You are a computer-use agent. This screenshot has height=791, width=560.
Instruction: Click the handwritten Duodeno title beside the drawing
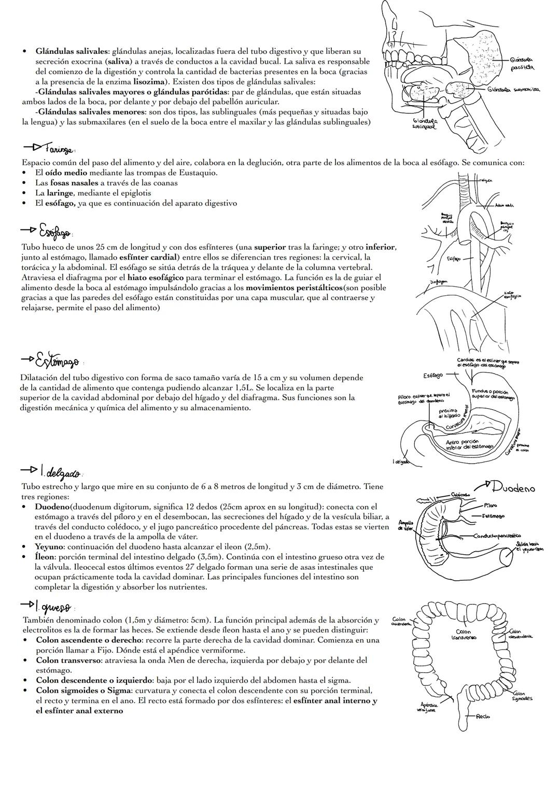[x=513, y=487]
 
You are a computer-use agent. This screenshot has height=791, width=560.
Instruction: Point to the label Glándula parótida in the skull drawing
[x=522, y=64]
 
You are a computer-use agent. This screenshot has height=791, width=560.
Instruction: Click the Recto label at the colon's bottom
[x=483, y=716]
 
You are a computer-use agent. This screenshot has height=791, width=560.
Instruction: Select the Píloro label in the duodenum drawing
[x=490, y=505]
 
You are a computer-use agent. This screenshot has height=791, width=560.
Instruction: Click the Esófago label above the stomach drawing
[x=433, y=375]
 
